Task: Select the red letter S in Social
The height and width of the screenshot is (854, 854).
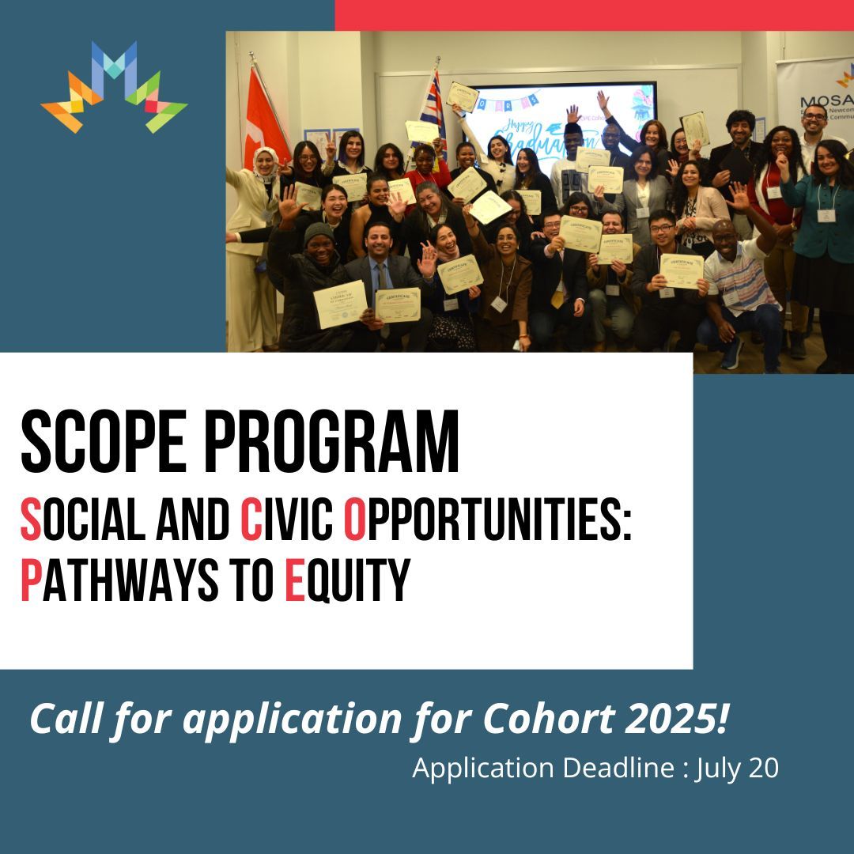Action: tap(30, 520)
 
